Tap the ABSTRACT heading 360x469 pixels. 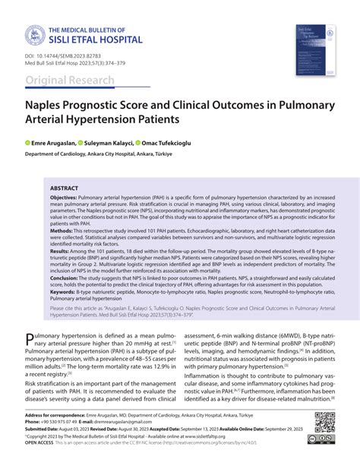[x=66, y=186]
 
